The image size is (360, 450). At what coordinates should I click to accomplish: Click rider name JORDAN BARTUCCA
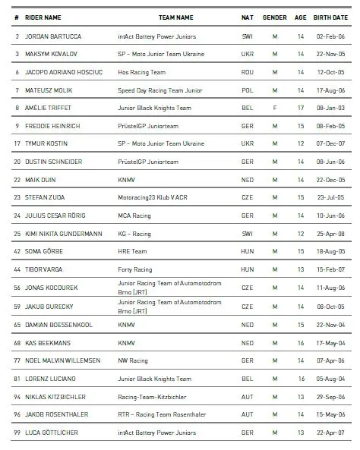click(x=55, y=36)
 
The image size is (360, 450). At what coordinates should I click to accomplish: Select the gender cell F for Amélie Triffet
click(x=275, y=108)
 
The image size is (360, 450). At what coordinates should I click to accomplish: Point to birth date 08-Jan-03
click(x=336, y=108)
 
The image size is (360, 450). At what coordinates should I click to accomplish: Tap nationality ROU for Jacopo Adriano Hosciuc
click(x=247, y=72)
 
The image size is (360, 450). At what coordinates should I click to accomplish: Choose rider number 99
click(x=17, y=433)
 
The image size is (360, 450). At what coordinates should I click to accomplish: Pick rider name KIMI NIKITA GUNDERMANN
click(x=64, y=233)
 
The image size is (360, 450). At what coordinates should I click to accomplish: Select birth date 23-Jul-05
click(x=336, y=197)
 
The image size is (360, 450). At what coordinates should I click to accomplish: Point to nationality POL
click(x=247, y=90)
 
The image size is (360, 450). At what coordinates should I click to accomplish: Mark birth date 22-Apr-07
click(x=336, y=433)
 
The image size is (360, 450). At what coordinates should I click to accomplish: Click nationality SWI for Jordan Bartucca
click(x=247, y=36)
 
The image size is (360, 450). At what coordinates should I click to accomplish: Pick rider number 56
click(x=17, y=288)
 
